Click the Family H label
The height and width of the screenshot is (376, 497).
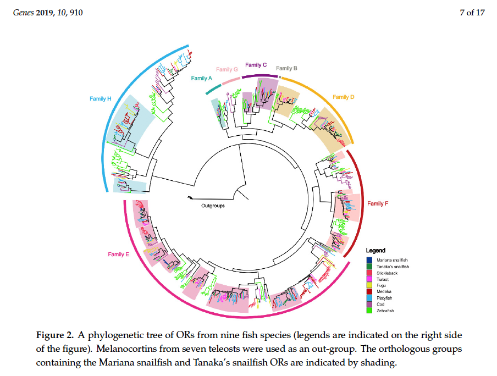coord(101,99)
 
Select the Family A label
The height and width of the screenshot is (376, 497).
coord(202,79)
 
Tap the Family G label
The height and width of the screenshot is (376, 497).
coord(227,69)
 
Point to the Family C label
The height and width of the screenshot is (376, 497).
coord(256,65)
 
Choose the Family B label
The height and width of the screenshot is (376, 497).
coord(286,68)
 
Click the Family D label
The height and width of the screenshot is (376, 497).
coord(344,97)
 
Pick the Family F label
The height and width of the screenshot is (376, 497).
coord(378,204)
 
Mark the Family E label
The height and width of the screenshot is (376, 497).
coord(119,254)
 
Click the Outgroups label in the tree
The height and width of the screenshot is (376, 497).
coord(213,206)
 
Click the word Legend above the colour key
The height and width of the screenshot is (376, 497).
coord(376,251)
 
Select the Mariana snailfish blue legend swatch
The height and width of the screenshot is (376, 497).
coord(371,259)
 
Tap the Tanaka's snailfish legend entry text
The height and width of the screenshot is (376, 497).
coord(393,266)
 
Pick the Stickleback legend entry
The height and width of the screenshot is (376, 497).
coord(388,273)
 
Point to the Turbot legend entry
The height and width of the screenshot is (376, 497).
coord(383,279)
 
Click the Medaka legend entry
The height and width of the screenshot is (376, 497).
coord(384,292)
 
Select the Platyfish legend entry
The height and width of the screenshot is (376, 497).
coord(385,298)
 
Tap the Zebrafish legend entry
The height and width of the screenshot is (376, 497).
coord(386,311)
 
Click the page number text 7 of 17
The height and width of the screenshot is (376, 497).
coord(472,13)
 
